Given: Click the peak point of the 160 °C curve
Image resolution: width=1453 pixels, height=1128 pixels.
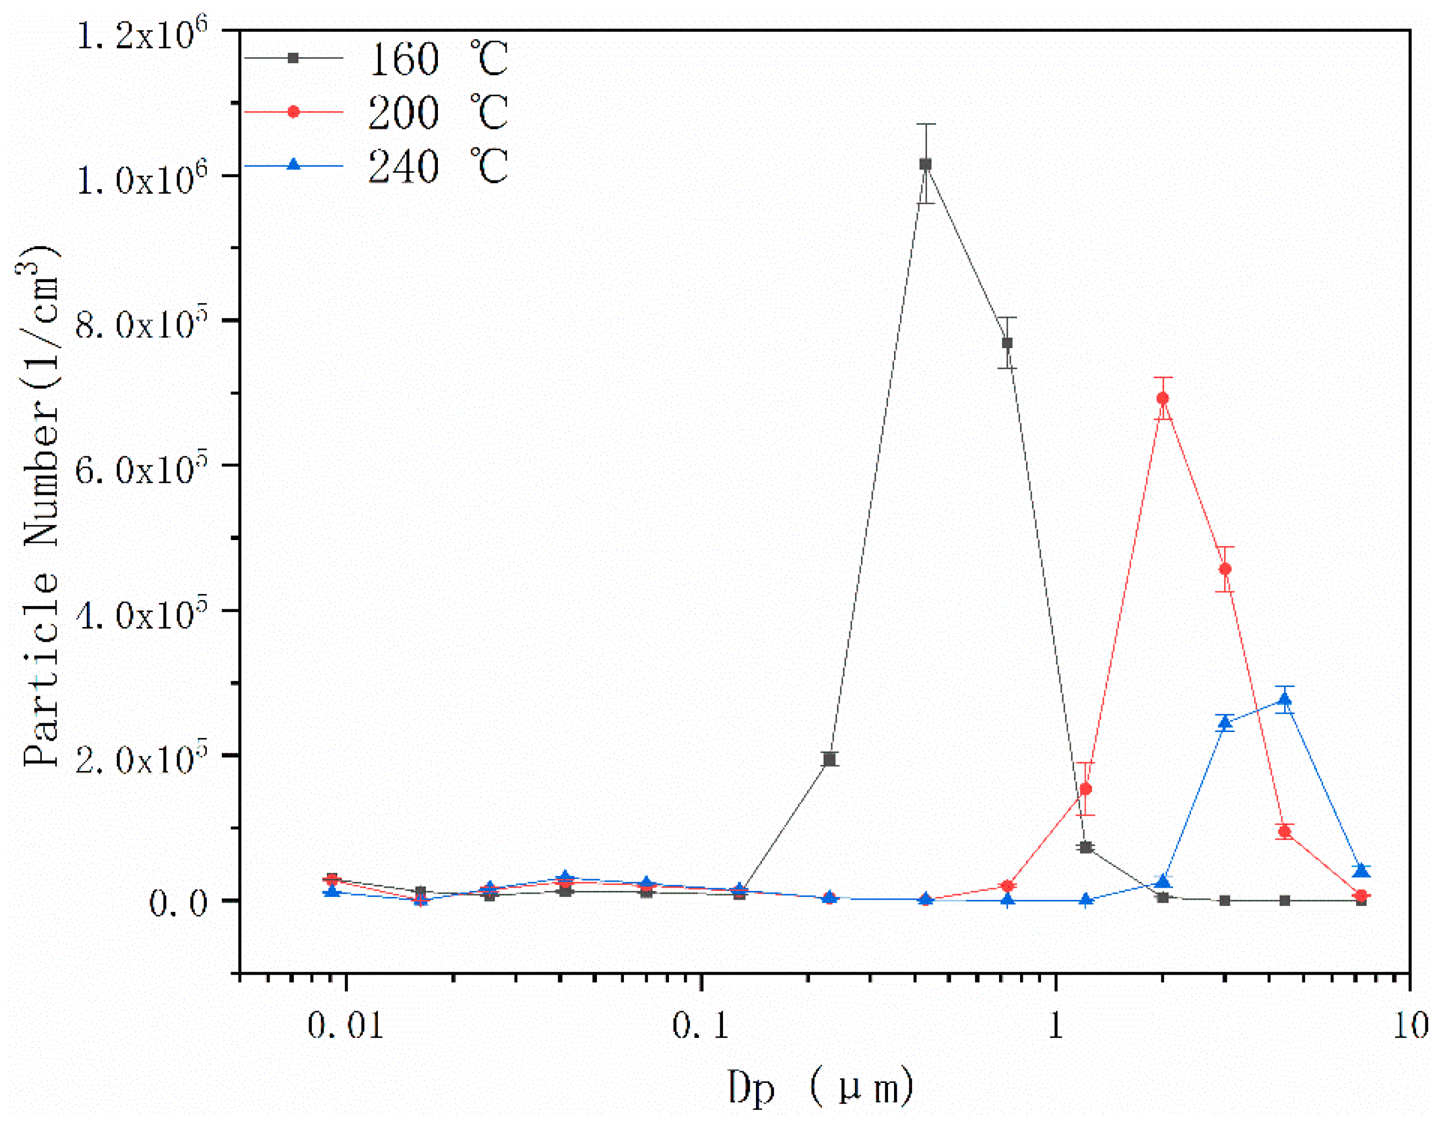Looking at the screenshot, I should (925, 164).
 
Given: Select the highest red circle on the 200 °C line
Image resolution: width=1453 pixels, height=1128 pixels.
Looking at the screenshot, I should (1163, 398).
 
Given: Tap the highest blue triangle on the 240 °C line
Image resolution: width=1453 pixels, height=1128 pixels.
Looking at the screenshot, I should (1285, 700).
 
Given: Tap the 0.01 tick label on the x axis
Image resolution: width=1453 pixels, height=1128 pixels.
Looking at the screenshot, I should (346, 1026).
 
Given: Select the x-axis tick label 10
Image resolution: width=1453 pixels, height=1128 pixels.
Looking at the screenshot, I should (1410, 1026).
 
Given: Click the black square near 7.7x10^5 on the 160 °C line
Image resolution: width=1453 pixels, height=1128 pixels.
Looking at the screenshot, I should (1007, 343).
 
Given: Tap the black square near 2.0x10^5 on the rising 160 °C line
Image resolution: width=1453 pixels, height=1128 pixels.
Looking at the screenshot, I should (830, 760).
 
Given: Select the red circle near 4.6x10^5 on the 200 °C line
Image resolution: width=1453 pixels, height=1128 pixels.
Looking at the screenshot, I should (1225, 569).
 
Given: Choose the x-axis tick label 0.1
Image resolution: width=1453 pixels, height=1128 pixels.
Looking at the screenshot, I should (700, 1026).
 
